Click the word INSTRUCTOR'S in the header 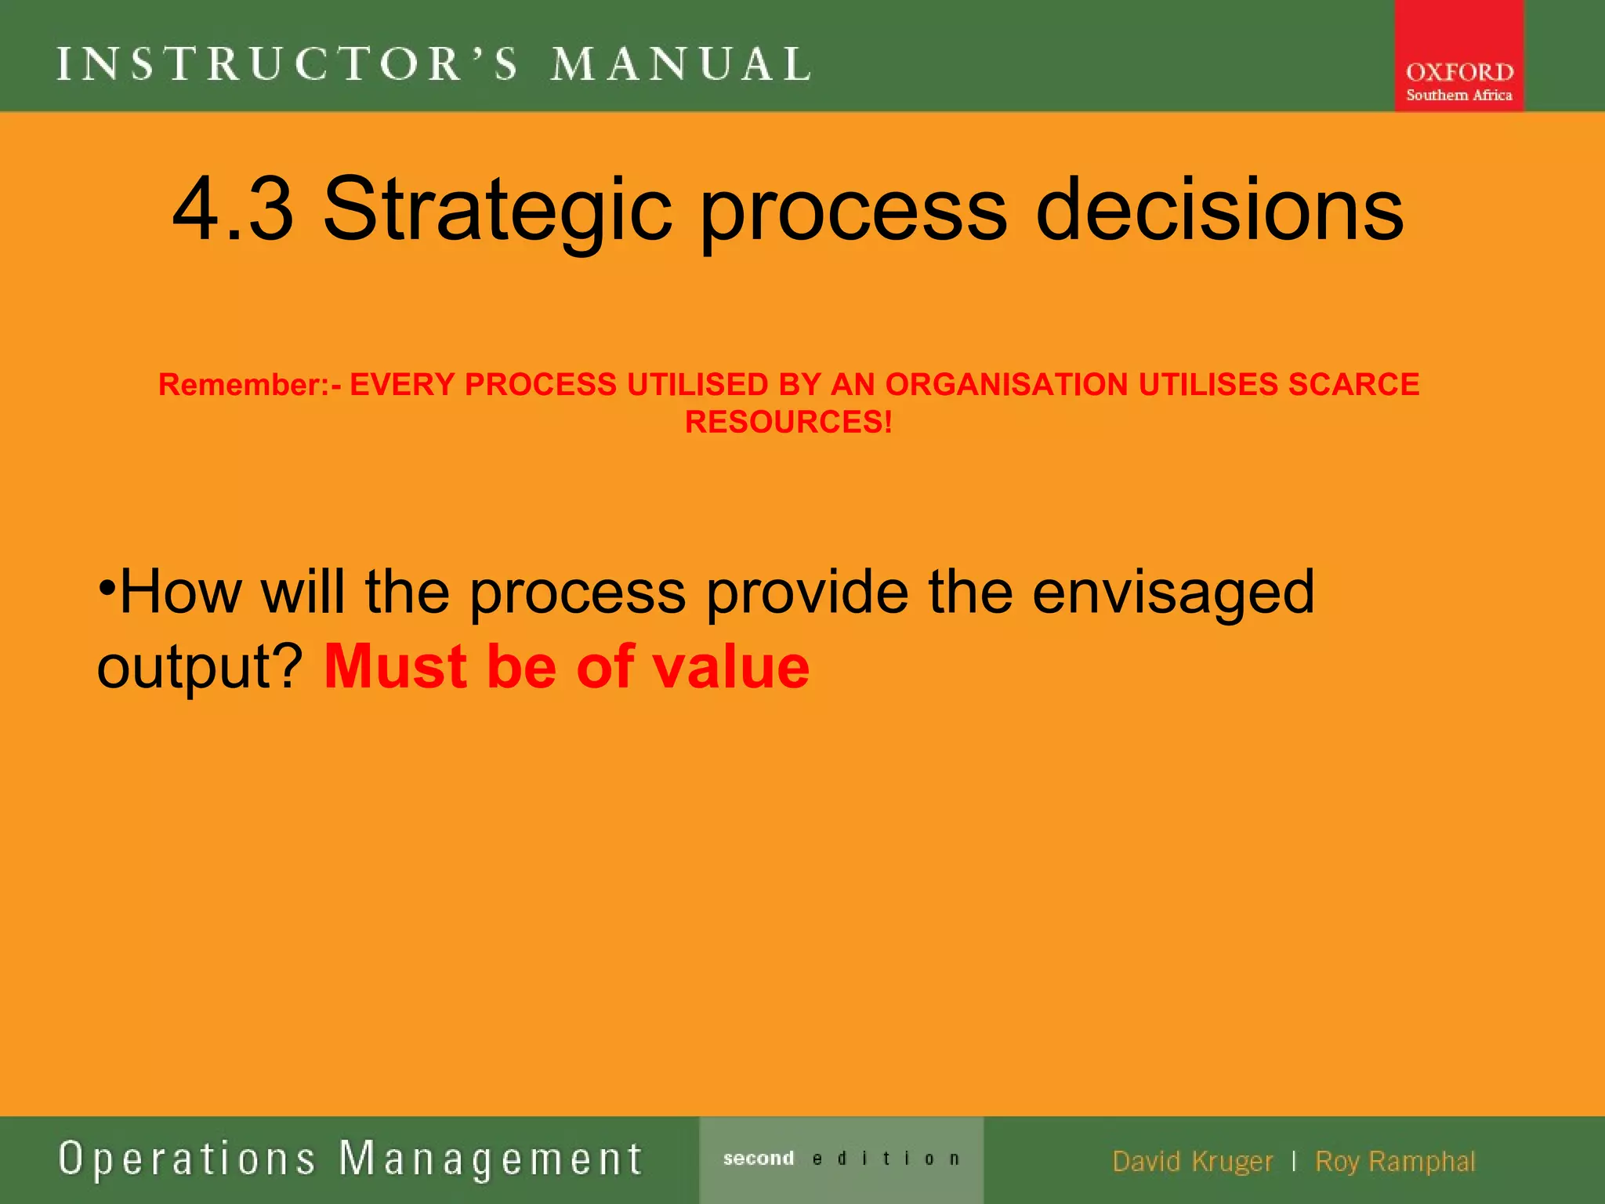coord(288,64)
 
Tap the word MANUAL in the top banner coord(680,64)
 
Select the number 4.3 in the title coord(233,210)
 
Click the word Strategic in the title coord(497,210)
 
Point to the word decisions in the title coord(1219,210)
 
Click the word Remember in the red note coord(243,385)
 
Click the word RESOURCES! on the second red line coord(788,422)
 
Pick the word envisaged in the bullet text coord(1173,593)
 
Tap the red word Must coord(396,667)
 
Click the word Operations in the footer coord(187,1159)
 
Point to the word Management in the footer coord(491,1159)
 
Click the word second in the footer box coord(759,1159)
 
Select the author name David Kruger coord(1192,1162)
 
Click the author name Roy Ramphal coord(1395,1162)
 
